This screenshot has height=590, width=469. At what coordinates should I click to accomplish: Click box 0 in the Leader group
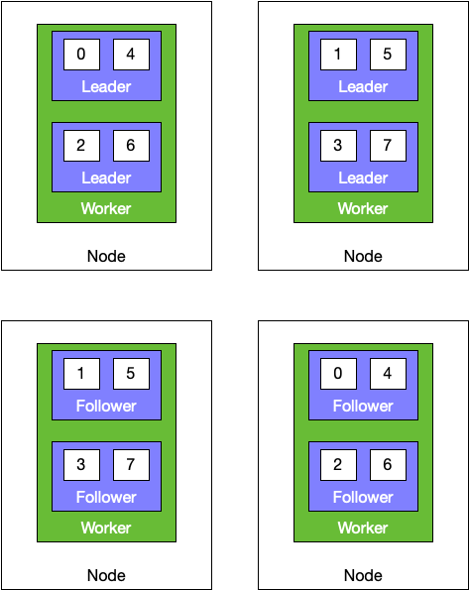(81, 55)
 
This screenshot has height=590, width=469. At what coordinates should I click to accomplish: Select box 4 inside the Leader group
(131, 55)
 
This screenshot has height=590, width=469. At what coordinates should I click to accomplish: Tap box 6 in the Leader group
(131, 146)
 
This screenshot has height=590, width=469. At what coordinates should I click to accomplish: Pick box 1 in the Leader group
(338, 55)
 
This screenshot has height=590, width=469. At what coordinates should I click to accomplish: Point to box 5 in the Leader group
(388, 55)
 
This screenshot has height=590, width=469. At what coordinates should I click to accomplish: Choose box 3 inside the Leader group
(338, 146)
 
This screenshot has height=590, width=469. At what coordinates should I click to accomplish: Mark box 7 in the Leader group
(388, 146)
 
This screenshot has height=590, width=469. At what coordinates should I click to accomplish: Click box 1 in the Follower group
(81, 374)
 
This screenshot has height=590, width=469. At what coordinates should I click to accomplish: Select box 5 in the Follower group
(131, 374)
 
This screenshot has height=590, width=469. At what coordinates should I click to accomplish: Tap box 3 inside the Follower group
(81, 465)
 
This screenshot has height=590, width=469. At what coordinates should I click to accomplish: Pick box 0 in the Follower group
(338, 374)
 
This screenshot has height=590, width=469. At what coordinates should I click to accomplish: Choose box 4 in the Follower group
(388, 374)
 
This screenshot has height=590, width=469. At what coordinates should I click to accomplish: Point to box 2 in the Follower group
(338, 465)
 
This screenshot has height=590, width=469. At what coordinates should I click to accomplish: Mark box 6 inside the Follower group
(388, 465)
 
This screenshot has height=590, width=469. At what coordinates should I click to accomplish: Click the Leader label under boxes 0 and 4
(106, 87)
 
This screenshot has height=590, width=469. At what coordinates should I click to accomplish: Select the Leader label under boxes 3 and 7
(363, 177)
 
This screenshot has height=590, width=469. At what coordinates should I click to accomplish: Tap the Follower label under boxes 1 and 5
(106, 406)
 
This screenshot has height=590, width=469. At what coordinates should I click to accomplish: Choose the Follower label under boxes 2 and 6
(363, 497)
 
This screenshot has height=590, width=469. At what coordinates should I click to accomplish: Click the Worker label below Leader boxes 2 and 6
(106, 208)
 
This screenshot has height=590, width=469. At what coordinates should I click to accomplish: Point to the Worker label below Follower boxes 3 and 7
(106, 528)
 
